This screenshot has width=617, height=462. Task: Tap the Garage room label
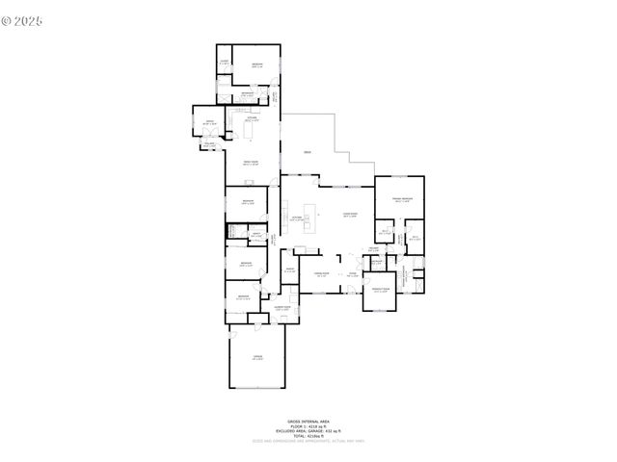pos(257,357)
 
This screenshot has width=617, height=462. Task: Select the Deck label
pos(308,153)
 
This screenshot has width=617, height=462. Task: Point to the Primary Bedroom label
pos(400,200)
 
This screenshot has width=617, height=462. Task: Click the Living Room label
pos(351,215)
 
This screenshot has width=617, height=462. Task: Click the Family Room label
pos(250,163)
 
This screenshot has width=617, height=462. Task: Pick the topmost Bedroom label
pos(257,65)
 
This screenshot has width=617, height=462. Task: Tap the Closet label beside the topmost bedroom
pos(224,63)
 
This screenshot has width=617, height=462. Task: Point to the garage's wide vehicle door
pos(257,387)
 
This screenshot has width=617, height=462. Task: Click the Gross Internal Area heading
pos(308,421)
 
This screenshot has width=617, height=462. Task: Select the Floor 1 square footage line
pos(308,425)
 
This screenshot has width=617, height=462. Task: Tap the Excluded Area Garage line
pos(308,430)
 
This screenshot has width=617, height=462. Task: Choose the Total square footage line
pos(308,436)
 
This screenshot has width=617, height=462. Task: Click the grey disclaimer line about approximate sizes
pos(308,442)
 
